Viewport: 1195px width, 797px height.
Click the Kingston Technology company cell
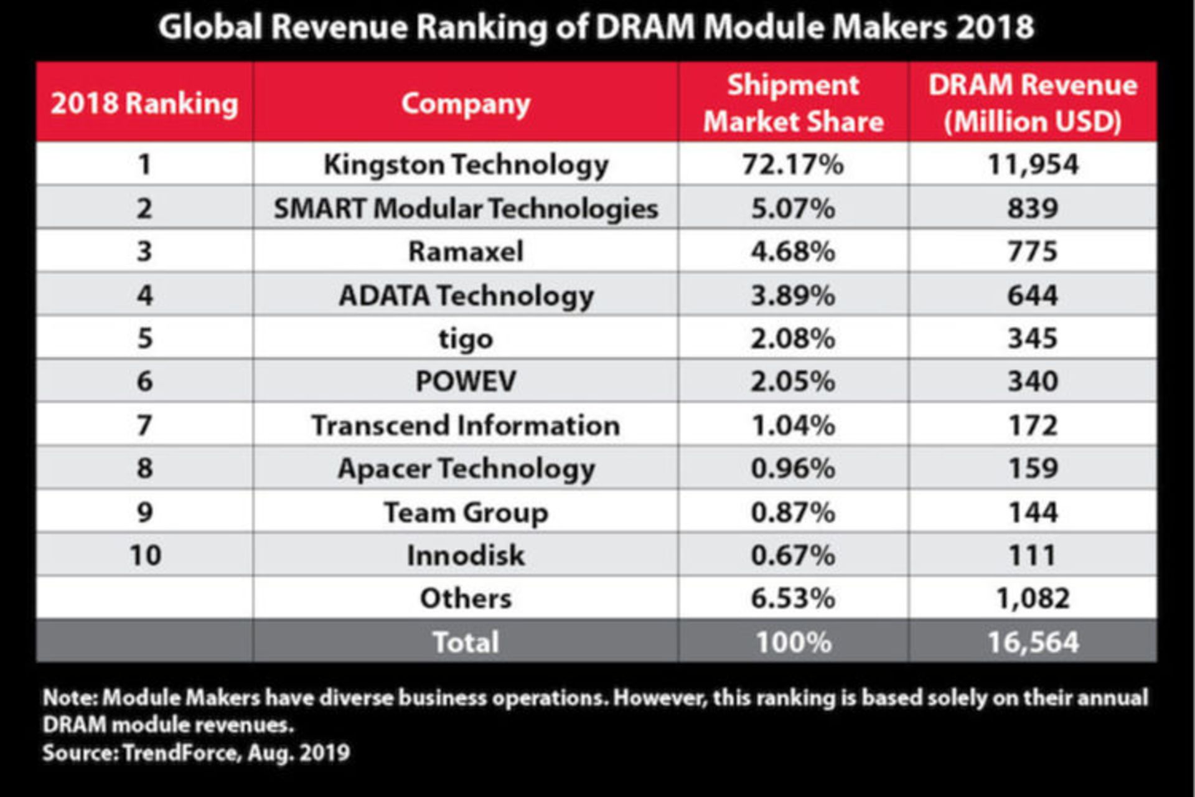tap(466, 164)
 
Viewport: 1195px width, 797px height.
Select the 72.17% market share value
tap(792, 164)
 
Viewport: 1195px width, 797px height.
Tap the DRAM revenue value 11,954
tap(1033, 164)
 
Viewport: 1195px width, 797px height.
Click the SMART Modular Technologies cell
tap(466, 208)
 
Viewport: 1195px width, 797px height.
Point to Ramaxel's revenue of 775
tap(1033, 252)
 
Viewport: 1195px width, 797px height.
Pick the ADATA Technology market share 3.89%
tap(792, 295)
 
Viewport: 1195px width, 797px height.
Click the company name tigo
tap(466, 339)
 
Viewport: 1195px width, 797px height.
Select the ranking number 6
tap(144, 381)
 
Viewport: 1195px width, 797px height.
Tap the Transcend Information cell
tap(466, 425)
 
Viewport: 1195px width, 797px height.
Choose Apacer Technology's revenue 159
tap(1033, 468)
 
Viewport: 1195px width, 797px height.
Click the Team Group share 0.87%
tap(792, 512)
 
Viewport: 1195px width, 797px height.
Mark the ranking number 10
tap(144, 555)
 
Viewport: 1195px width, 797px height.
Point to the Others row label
tap(466, 598)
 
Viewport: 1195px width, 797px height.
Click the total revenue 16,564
tap(1033, 642)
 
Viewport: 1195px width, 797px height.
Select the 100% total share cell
tap(792, 642)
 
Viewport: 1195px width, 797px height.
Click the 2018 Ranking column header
tap(144, 103)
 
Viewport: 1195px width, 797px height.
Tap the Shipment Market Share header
tap(793, 103)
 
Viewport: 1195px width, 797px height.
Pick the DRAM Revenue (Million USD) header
tap(1033, 103)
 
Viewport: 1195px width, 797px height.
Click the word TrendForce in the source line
tap(180, 753)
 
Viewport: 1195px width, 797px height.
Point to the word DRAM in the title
tap(644, 27)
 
